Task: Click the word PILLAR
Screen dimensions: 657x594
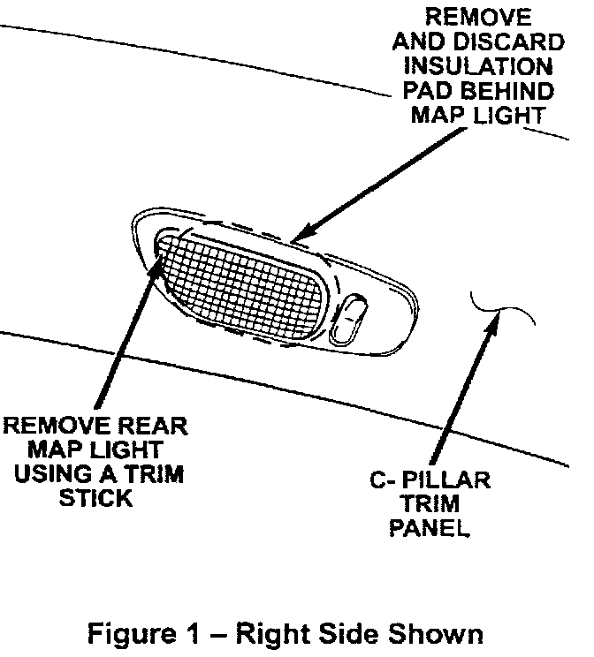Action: point(450,482)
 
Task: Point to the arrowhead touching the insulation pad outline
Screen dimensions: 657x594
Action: point(296,236)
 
